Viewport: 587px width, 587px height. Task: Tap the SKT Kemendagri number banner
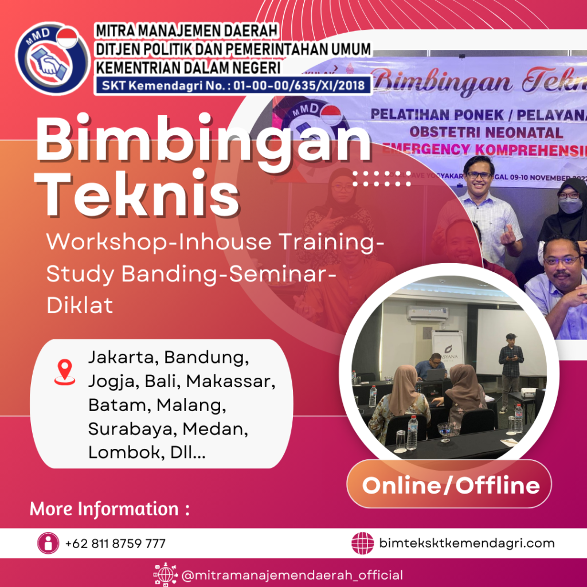click(234, 85)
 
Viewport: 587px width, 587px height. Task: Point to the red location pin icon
click(65, 371)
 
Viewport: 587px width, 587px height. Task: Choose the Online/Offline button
click(451, 485)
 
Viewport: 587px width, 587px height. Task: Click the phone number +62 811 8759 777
click(115, 543)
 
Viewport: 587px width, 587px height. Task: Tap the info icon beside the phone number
click(49, 543)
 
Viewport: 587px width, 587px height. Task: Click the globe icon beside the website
click(362, 543)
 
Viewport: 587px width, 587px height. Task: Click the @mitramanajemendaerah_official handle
click(292, 575)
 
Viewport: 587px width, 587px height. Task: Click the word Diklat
click(80, 305)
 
